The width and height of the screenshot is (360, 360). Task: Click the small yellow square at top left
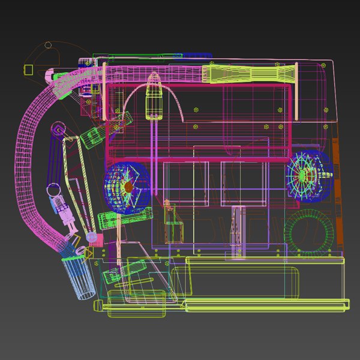[28, 69]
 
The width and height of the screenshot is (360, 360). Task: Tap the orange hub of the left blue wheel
[128, 187]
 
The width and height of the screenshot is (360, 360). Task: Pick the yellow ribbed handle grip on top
[249, 74]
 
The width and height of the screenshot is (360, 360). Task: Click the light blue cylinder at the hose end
[80, 276]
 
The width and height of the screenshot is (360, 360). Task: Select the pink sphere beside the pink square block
[92, 238]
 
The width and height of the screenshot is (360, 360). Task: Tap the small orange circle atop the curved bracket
[49, 45]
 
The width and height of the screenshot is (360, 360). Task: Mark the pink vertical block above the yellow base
[238, 232]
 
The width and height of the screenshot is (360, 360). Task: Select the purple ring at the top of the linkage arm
[58, 128]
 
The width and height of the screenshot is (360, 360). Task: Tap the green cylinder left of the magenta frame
[91, 137]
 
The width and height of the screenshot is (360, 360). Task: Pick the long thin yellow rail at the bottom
[264, 307]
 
